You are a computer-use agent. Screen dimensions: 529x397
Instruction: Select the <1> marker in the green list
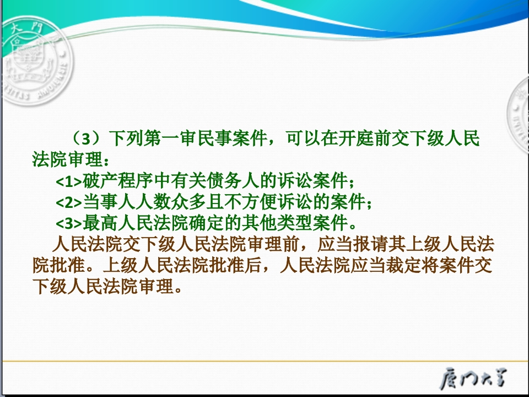point(69,181)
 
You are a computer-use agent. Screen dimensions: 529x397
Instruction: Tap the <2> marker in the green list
point(69,202)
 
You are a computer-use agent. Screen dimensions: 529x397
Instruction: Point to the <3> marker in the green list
point(69,223)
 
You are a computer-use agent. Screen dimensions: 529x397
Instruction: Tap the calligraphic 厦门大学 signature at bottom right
point(473,378)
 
